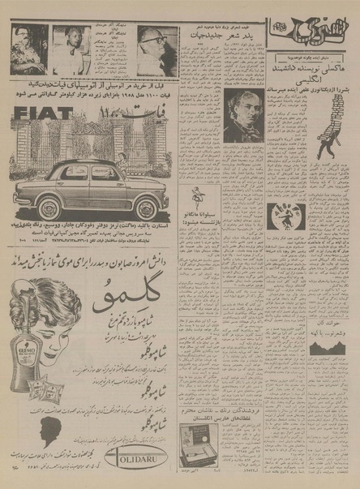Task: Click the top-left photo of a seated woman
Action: pyautogui.click(x=29, y=49)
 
